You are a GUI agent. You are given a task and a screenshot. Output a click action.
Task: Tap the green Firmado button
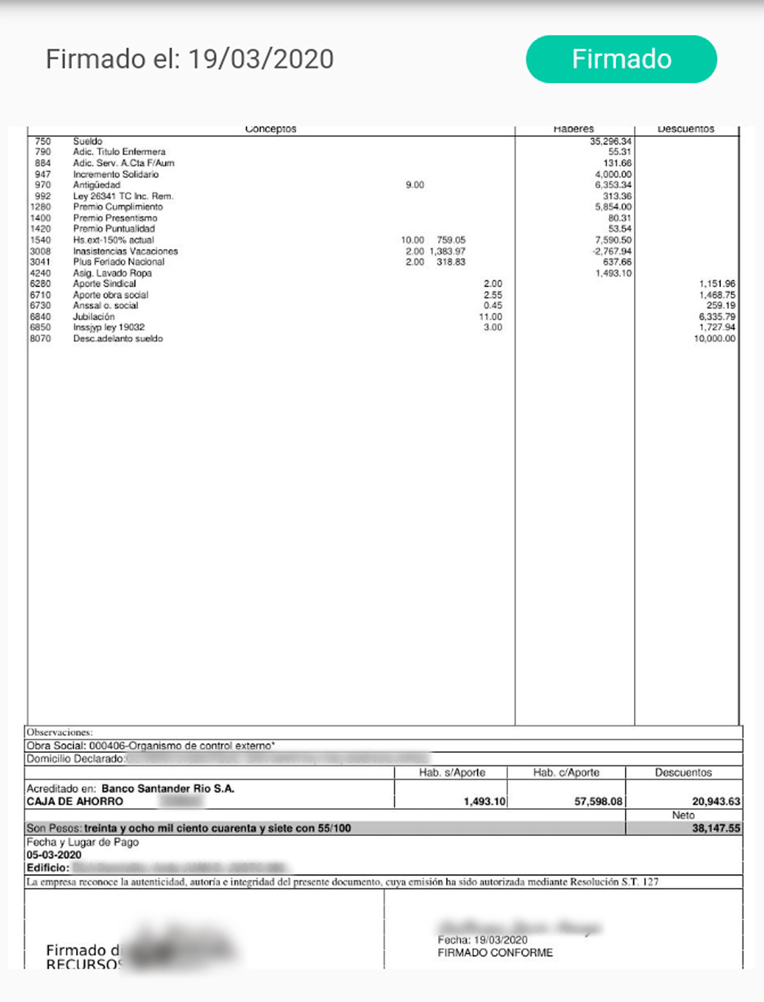tap(621, 60)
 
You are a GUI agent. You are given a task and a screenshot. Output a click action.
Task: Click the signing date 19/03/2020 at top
tap(261, 60)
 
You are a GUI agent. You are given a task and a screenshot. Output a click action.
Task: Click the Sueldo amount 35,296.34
tap(610, 141)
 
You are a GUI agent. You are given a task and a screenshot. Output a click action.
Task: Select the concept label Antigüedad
tap(96, 185)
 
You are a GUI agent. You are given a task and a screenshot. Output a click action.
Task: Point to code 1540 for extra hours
tap(40, 240)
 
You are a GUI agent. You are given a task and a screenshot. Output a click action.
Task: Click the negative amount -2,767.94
tap(612, 251)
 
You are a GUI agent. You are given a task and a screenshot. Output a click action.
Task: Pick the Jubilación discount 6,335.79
tap(717, 316)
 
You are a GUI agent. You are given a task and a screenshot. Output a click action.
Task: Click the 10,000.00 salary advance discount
tap(714, 338)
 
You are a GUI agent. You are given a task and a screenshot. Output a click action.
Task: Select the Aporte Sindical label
tap(104, 284)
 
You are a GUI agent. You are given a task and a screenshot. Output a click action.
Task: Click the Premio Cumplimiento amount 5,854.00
tap(613, 207)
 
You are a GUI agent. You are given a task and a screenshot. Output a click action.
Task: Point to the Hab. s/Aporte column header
tap(452, 772)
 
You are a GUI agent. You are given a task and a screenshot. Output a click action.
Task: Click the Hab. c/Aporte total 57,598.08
tap(598, 801)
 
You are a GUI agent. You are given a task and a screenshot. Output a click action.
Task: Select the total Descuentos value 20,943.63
tap(716, 801)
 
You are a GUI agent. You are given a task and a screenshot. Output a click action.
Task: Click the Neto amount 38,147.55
tap(716, 828)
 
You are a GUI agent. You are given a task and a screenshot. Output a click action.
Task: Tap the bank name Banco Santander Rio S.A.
tap(167, 789)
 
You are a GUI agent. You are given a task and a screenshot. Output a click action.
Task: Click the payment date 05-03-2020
tap(54, 855)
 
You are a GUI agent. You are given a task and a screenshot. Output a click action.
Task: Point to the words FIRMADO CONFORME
tap(495, 953)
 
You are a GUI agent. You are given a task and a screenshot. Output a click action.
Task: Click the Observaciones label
tap(59, 732)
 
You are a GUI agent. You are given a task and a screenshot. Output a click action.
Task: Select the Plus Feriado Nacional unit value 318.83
tap(451, 262)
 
